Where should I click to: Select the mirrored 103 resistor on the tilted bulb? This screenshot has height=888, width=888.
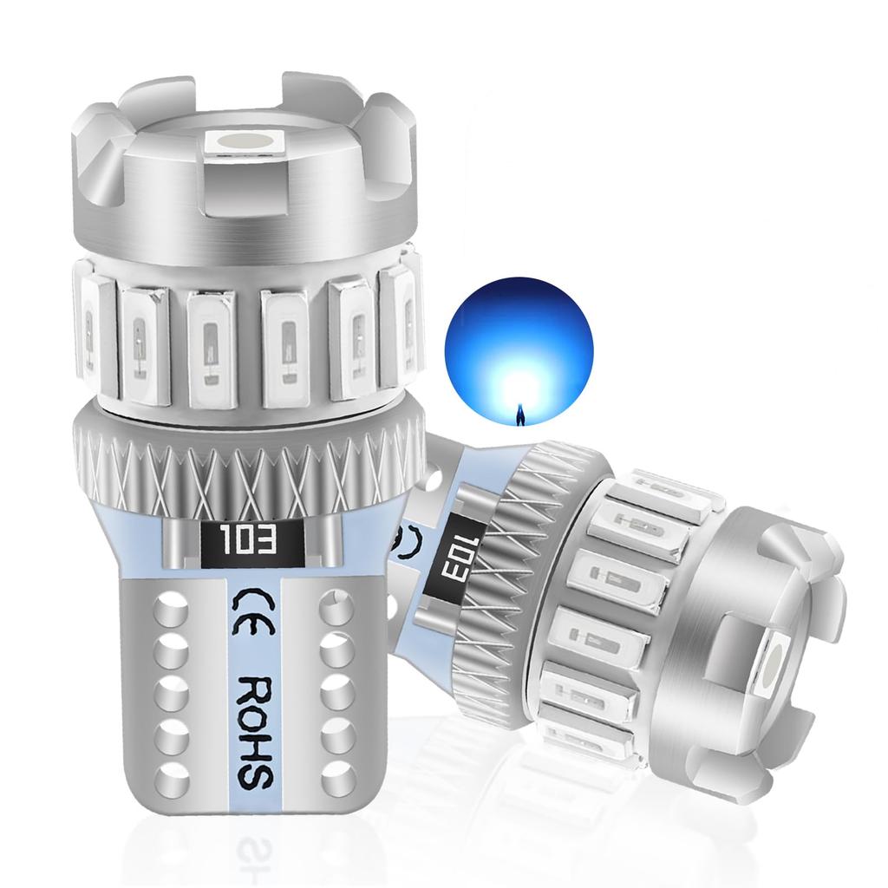[x=448, y=559]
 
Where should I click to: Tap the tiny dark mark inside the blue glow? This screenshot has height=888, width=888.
[x=520, y=415]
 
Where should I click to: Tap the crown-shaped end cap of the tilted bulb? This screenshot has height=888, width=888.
[x=763, y=642]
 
